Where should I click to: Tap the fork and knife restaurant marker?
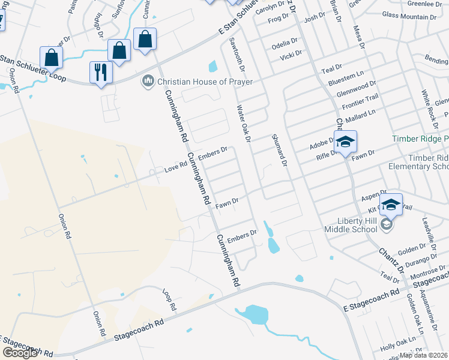click(x=100, y=73)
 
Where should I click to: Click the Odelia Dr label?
click(x=285, y=43)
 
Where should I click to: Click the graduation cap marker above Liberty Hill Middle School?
click(x=390, y=205)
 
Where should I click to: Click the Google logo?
click(x=20, y=353)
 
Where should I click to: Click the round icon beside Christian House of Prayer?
click(x=148, y=80)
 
